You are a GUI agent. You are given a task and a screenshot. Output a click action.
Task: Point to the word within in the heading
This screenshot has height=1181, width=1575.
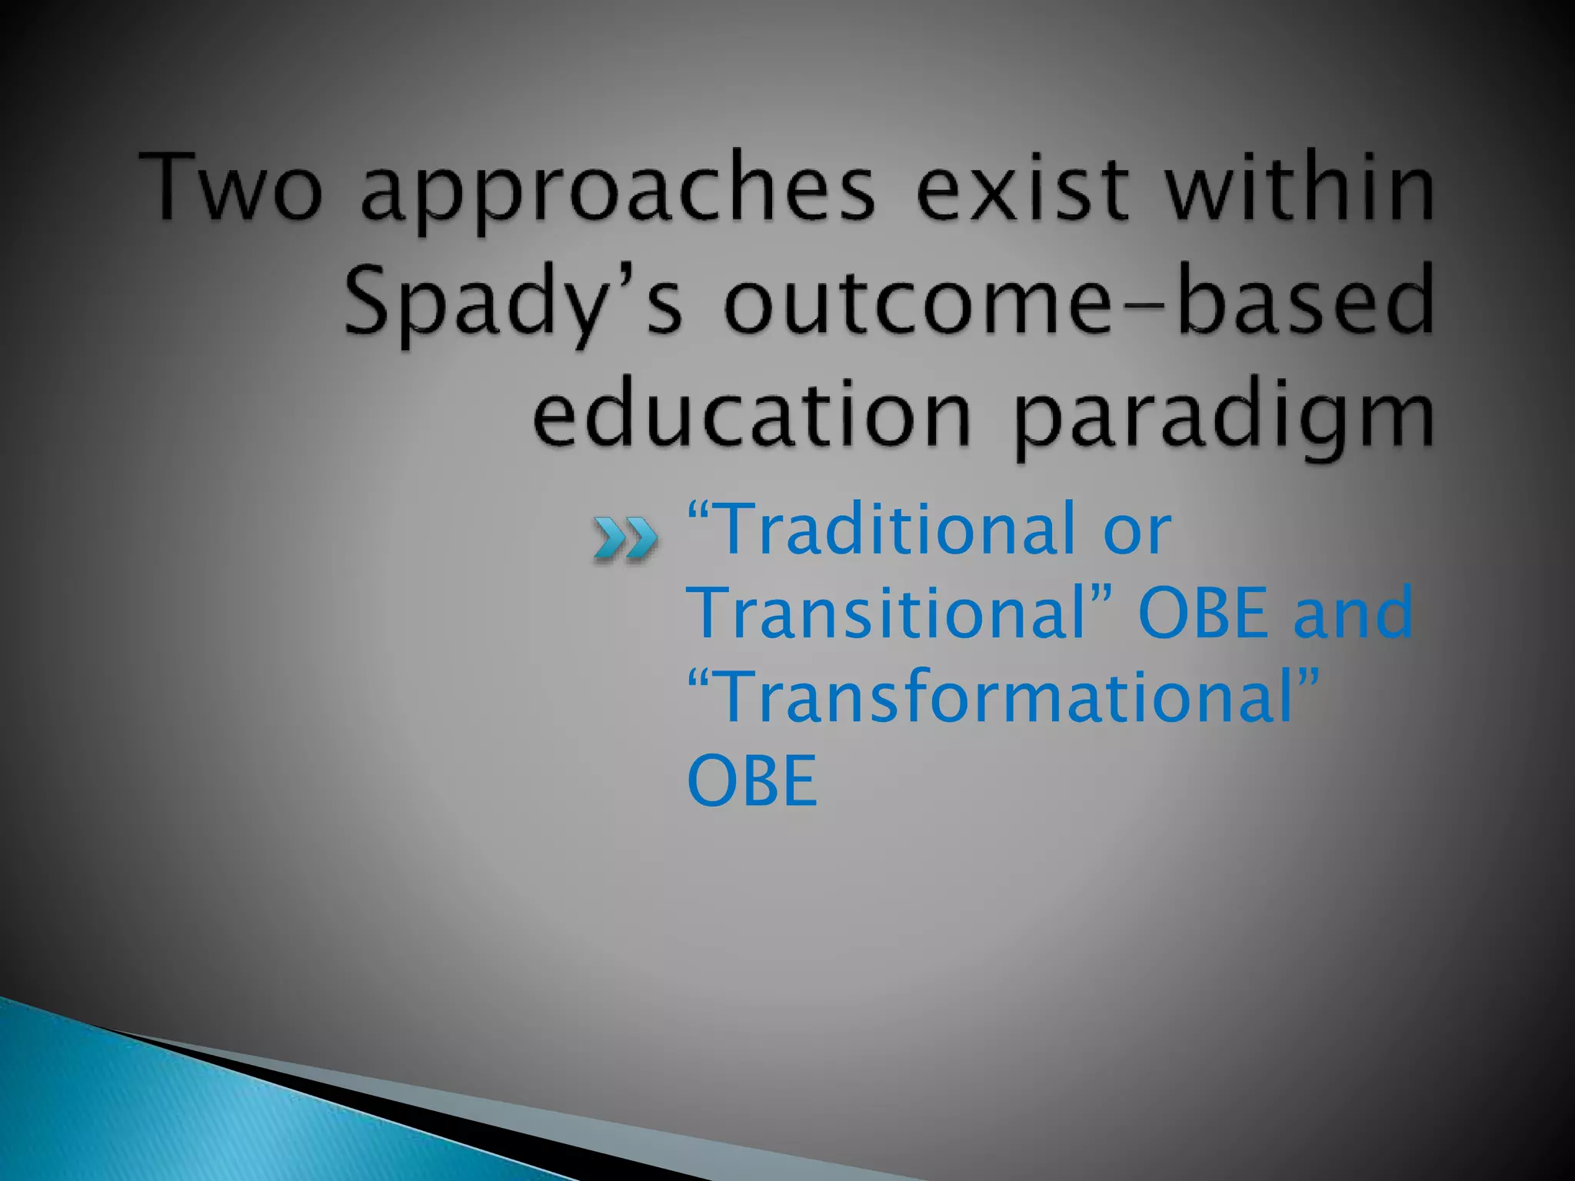tap(1300, 188)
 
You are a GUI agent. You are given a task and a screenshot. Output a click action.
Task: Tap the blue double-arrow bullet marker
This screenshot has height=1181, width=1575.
tap(625, 538)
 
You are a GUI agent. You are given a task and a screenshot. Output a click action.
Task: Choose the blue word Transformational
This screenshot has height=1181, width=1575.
tap(1007, 697)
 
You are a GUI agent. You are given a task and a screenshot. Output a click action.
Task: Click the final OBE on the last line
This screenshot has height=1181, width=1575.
tap(751, 780)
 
